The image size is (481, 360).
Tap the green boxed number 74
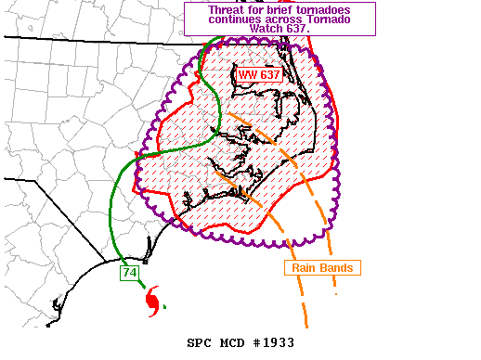[x=129, y=273]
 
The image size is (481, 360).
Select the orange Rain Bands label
[x=322, y=267]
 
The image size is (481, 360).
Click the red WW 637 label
[x=259, y=74]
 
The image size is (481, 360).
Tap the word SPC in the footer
[x=200, y=343]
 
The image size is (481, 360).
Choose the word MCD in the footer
[x=232, y=343]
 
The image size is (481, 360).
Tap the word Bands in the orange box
[x=338, y=267]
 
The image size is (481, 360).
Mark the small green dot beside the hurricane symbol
[x=164, y=305]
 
